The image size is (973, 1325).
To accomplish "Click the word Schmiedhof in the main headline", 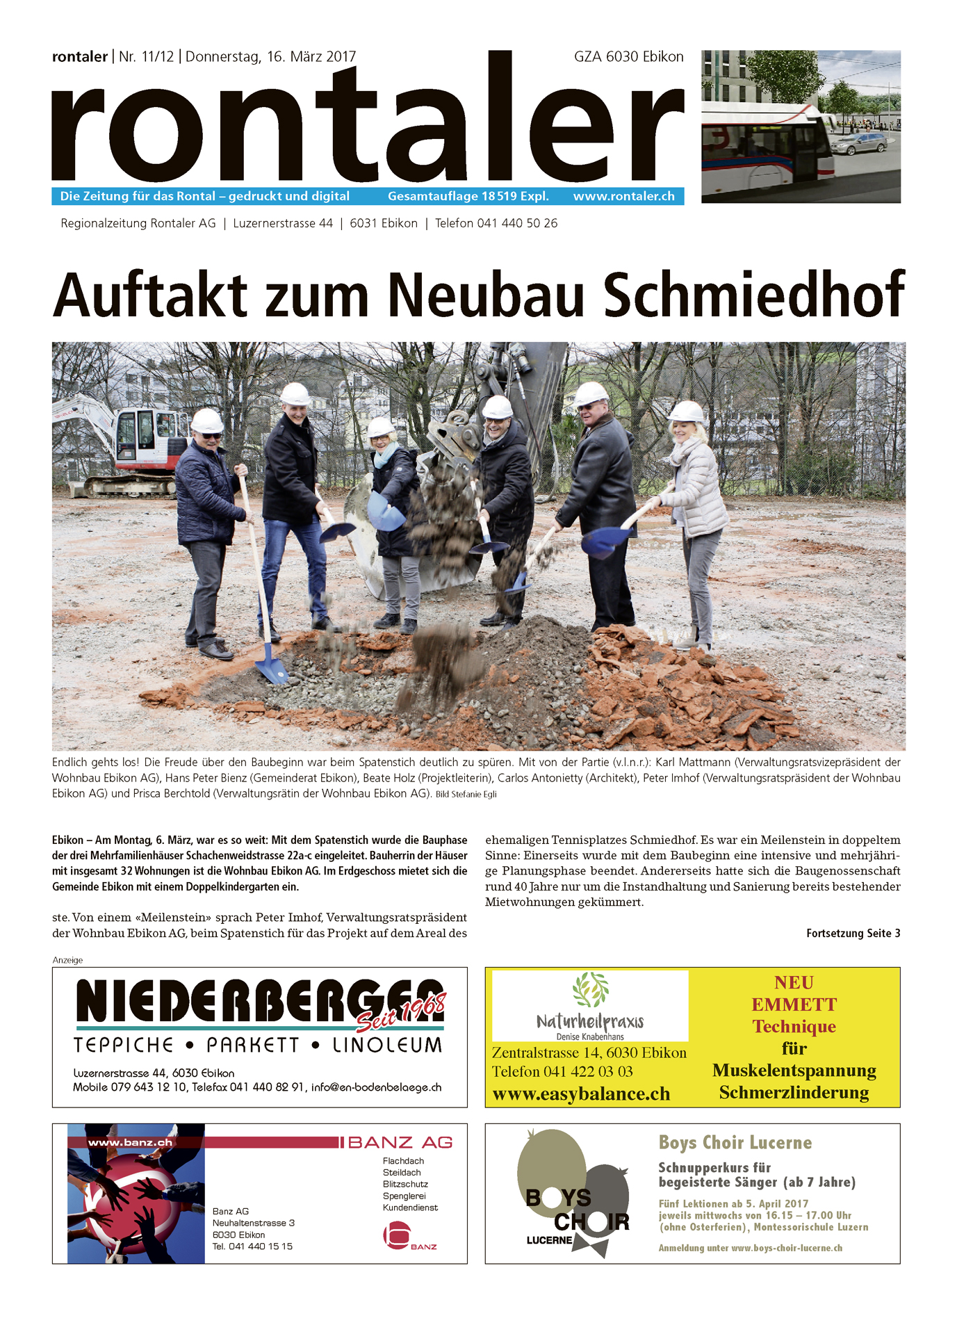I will (x=753, y=295).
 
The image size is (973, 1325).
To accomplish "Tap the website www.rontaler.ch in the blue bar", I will (x=623, y=196).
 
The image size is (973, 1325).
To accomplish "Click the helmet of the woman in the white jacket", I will (x=687, y=412).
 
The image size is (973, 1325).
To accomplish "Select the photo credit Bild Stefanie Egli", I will (x=466, y=794).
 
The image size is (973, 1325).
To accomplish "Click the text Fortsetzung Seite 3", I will (x=853, y=933).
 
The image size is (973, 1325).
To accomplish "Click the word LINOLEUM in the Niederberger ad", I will (x=387, y=1045).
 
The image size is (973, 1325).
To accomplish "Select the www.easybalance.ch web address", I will (x=581, y=1094).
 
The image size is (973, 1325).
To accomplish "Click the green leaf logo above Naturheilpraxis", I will (x=590, y=989).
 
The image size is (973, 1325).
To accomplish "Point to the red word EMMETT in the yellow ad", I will (x=794, y=1005).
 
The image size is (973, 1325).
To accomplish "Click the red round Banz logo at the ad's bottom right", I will (x=397, y=1235).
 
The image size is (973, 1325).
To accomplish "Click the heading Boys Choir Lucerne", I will (x=735, y=1142).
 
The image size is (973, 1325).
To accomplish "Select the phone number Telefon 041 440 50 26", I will (x=496, y=223).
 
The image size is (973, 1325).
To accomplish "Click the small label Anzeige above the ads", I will (x=67, y=960).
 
